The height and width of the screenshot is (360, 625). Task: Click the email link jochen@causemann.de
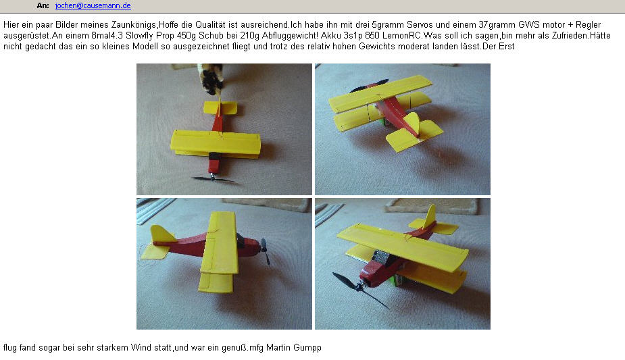[x=93, y=5]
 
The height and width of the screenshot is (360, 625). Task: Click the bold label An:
[x=43, y=5]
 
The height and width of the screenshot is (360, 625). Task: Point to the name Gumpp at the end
[x=307, y=348]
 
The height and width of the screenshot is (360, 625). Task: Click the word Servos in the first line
[x=420, y=25]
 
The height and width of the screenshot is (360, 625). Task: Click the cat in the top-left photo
[x=211, y=78]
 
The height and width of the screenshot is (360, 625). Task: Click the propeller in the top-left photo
[x=212, y=179]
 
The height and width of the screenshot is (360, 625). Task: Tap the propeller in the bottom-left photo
[x=265, y=251]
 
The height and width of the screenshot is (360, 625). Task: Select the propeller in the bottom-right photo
[x=360, y=289]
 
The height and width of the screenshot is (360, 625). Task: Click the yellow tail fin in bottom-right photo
[x=430, y=216]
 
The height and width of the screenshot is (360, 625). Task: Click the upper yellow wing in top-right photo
[x=380, y=93]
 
